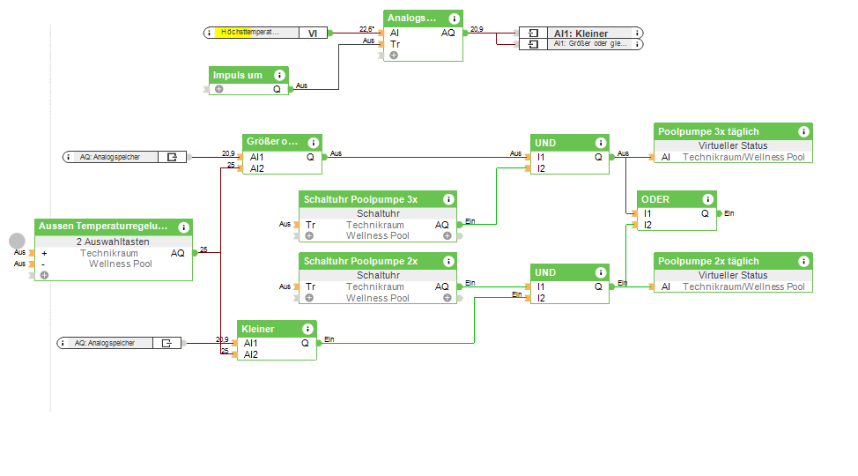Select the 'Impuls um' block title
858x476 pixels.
[x=238, y=76]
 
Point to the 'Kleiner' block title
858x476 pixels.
[x=258, y=329]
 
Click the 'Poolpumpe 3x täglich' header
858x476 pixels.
[x=708, y=131]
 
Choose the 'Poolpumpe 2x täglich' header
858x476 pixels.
[x=708, y=261]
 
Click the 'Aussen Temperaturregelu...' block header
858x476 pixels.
[x=103, y=227]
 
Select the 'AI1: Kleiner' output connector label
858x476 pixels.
[x=581, y=33]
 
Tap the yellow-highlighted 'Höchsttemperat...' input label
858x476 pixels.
[x=249, y=33]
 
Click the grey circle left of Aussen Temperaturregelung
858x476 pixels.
[x=17, y=240]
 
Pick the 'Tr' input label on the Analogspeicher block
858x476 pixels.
[x=395, y=44]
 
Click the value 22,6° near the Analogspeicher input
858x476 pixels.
[x=366, y=29]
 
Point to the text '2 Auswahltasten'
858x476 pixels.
[x=113, y=242]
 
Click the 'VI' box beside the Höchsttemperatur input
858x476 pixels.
[x=313, y=33]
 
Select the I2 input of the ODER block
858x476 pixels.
[x=647, y=225]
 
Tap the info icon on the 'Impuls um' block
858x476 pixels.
[x=280, y=76]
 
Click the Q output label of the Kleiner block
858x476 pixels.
[x=305, y=343]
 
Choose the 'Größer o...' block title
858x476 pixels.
[x=271, y=141]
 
